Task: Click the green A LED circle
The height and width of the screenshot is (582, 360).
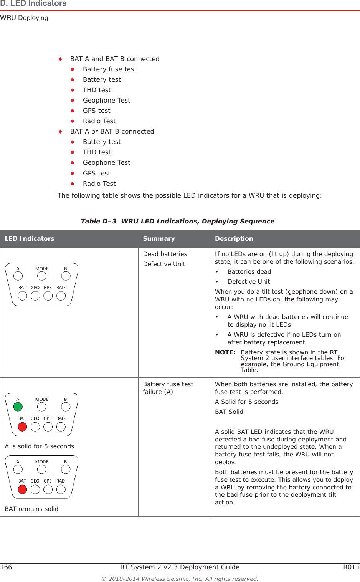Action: [x=18, y=407]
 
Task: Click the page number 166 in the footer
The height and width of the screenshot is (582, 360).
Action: [x=6, y=567]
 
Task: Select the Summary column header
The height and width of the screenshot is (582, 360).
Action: [x=159, y=238]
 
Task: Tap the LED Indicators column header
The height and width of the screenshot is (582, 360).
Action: [x=30, y=238]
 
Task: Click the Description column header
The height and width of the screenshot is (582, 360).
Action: [x=234, y=238]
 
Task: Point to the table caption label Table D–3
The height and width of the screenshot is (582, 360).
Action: [x=98, y=221]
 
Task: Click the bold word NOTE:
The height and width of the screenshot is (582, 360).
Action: [x=225, y=352]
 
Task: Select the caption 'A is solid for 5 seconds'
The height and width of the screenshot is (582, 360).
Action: [x=40, y=446]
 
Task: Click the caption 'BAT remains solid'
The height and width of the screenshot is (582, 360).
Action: [x=31, y=509]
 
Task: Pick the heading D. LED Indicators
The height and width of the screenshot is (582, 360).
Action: [x=33, y=3]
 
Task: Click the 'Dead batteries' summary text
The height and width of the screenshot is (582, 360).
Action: [x=165, y=254]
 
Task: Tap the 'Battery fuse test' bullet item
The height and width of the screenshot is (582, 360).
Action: [x=109, y=69]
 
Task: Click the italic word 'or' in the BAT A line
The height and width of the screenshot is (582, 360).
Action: [x=94, y=131]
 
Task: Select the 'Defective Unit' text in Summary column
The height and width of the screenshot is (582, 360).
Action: [x=164, y=264]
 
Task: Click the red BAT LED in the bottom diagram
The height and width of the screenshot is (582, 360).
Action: [x=23, y=489]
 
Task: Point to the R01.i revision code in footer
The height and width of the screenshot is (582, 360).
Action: [x=351, y=567]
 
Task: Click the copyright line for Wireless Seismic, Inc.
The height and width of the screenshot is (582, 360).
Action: [x=180, y=579]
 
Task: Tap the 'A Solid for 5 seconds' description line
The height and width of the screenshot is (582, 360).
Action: [x=246, y=402]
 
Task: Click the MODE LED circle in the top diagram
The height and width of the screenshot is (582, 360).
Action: [x=42, y=276]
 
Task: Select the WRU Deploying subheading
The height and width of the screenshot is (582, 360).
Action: [x=24, y=18]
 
